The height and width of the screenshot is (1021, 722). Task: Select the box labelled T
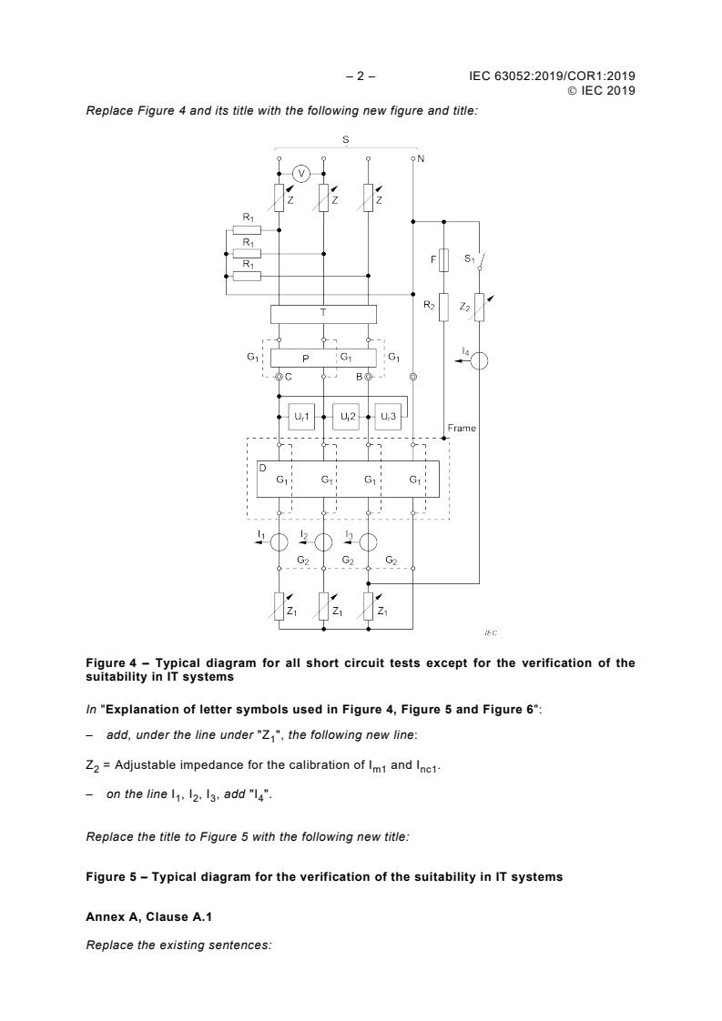click(x=323, y=314)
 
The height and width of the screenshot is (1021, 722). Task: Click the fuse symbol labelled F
click(x=443, y=261)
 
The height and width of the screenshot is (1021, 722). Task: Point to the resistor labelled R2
click(x=443, y=308)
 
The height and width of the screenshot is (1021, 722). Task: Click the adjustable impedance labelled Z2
click(x=480, y=308)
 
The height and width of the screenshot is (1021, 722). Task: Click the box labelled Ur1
click(x=301, y=416)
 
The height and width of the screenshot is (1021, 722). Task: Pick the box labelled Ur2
click(x=346, y=416)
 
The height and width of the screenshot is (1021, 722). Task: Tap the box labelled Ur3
click(x=389, y=416)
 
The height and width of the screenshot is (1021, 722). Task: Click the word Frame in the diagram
click(x=462, y=428)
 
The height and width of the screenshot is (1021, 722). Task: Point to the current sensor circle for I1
click(x=279, y=541)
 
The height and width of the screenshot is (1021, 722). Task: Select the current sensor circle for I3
click(x=368, y=541)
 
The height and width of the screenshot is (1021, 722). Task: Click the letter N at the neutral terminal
click(x=422, y=158)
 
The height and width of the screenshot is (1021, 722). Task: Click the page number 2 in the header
click(x=361, y=77)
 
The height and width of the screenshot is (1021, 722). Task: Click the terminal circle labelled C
click(x=279, y=376)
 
